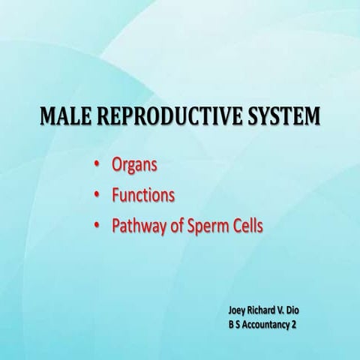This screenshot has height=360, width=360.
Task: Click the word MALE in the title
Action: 65,117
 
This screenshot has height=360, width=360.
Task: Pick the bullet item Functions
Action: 143,195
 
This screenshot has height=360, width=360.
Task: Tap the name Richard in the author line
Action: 268,309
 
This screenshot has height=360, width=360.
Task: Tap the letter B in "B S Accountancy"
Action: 232,324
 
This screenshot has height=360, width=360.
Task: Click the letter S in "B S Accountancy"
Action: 241,324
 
